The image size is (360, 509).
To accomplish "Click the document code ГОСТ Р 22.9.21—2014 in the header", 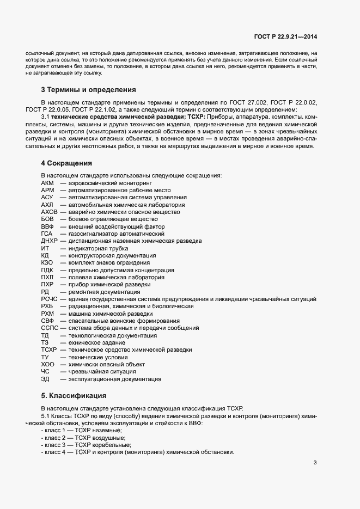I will click(x=285, y=36).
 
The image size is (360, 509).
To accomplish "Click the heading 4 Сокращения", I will click(x=66, y=163).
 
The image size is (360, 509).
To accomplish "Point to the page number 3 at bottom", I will click(x=315, y=463).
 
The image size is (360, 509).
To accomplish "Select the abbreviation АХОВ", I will click(x=49, y=211).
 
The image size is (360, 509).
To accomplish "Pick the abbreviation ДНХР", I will click(x=49, y=241).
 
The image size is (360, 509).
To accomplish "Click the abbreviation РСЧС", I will click(x=49, y=299).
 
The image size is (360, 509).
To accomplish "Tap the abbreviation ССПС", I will click(x=50, y=328).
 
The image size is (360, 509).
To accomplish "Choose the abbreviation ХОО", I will click(x=47, y=364).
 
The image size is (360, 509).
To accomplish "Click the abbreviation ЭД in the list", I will click(x=45, y=379).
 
